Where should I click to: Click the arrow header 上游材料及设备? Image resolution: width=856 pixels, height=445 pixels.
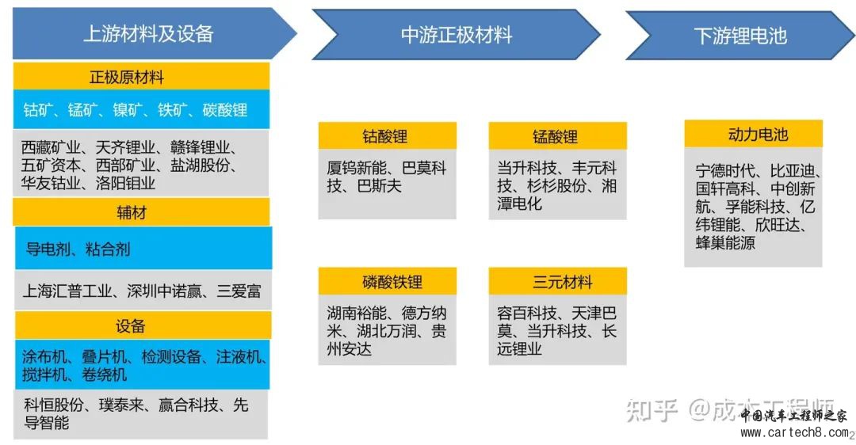148,34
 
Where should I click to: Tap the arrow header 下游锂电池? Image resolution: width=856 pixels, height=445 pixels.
740,36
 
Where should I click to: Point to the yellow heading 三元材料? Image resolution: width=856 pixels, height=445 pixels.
557,281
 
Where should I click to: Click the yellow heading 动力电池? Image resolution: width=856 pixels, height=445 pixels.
754,134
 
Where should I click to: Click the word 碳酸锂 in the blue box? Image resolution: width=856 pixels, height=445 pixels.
225,110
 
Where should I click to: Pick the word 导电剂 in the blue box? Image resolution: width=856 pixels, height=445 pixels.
48,249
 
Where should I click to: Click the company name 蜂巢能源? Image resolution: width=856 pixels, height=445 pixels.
725,242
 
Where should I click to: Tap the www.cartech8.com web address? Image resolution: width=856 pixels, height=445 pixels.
795,433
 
